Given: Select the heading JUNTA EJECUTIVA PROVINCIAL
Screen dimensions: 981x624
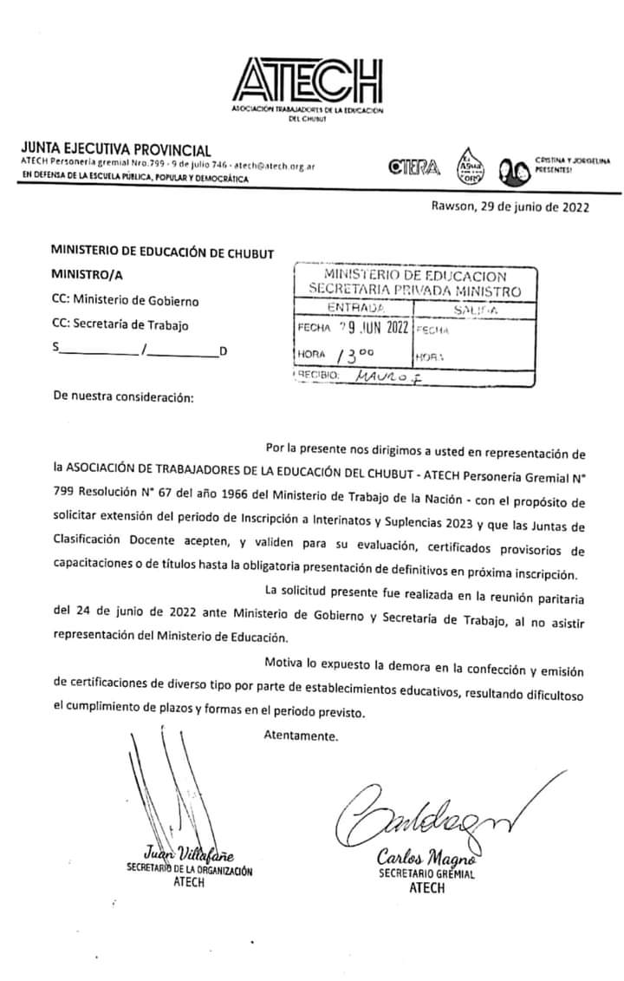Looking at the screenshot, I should click(115, 151).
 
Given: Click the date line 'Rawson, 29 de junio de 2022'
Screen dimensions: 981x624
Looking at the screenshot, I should click(510, 207).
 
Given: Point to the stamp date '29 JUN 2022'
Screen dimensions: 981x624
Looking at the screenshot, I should click(373, 329).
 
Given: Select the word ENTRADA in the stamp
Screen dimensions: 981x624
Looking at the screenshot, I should click(354, 308).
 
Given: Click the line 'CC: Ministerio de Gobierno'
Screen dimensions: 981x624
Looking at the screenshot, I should click(126, 301).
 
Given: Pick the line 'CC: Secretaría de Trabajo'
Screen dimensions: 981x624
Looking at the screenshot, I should click(120, 326).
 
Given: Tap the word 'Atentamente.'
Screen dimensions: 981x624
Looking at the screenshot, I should click(301, 736).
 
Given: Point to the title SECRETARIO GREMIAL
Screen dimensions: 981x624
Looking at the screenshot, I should click(426, 874).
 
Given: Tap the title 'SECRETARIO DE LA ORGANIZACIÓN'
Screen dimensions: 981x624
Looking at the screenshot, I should click(189, 869).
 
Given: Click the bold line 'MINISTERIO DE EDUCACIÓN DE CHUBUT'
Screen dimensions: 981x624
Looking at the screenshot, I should click(162, 252).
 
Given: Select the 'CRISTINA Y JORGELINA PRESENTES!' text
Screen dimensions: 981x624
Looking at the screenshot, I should click(572, 166).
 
